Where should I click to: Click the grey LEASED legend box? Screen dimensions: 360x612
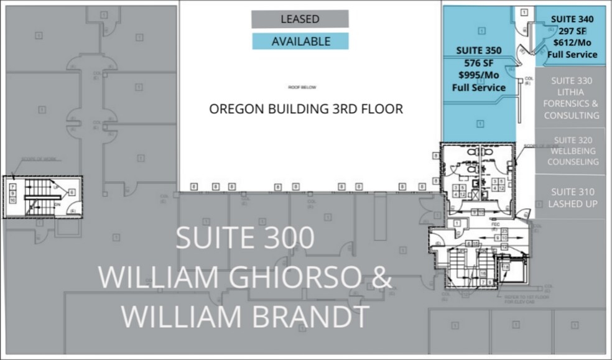[x=300, y=19]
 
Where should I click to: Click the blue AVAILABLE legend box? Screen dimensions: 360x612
[x=300, y=42]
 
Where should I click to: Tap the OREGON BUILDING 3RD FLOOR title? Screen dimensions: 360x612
[x=305, y=109]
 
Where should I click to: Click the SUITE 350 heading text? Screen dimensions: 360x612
[x=479, y=50]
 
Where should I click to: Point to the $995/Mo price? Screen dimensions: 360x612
[x=479, y=75]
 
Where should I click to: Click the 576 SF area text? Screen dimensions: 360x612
[x=479, y=63]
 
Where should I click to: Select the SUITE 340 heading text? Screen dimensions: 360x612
[x=572, y=19]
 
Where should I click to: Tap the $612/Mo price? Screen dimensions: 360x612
[x=572, y=42]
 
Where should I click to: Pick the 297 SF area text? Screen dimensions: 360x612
[x=572, y=30]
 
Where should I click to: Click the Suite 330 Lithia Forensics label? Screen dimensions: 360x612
[x=572, y=98]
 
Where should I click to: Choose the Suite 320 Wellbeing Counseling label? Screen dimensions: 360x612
[x=572, y=151]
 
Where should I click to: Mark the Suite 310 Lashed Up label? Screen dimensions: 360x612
[x=572, y=198]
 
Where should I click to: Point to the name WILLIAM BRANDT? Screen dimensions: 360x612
[x=244, y=316]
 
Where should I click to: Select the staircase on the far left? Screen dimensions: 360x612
[x=42, y=197]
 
